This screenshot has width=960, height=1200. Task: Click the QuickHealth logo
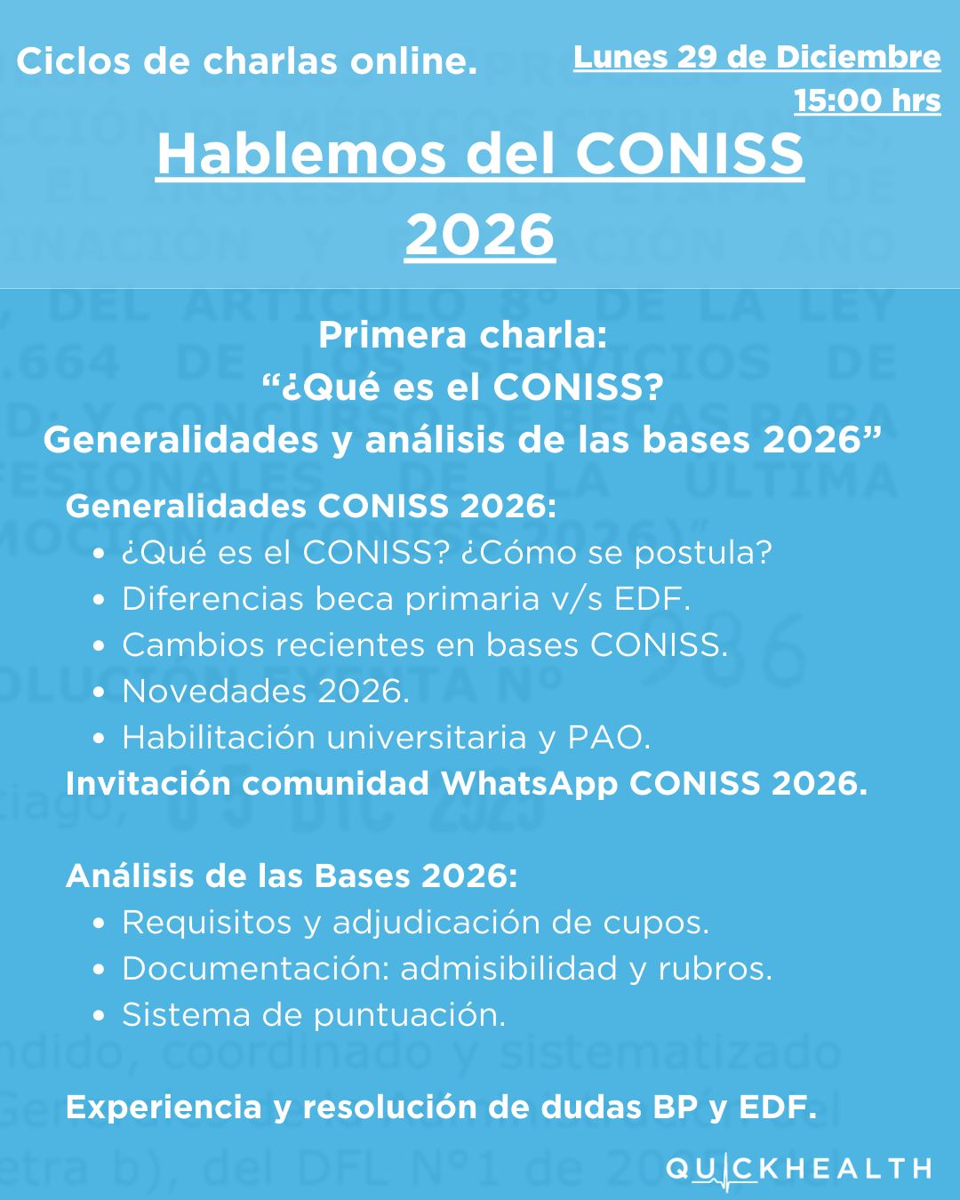click(x=798, y=1168)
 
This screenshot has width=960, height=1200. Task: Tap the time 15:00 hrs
click(x=867, y=100)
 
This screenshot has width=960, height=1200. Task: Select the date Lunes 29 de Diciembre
click(x=756, y=57)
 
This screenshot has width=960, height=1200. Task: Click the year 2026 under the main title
click(x=480, y=235)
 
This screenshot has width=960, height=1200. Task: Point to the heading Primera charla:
click(x=463, y=335)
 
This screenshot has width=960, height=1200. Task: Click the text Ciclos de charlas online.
click(x=246, y=61)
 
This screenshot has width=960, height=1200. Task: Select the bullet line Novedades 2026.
click(x=266, y=691)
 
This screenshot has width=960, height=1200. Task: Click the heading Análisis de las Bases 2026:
click(x=292, y=876)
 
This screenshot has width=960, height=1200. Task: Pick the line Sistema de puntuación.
click(x=314, y=1014)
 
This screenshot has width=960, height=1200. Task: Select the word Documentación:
click(x=256, y=968)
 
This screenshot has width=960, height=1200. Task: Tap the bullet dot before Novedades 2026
click(x=100, y=692)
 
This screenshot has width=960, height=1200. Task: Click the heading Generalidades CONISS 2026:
click(x=311, y=506)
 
